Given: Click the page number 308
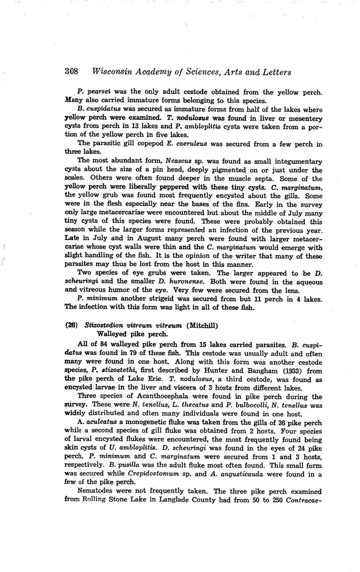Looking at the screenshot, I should tap(72, 71).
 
